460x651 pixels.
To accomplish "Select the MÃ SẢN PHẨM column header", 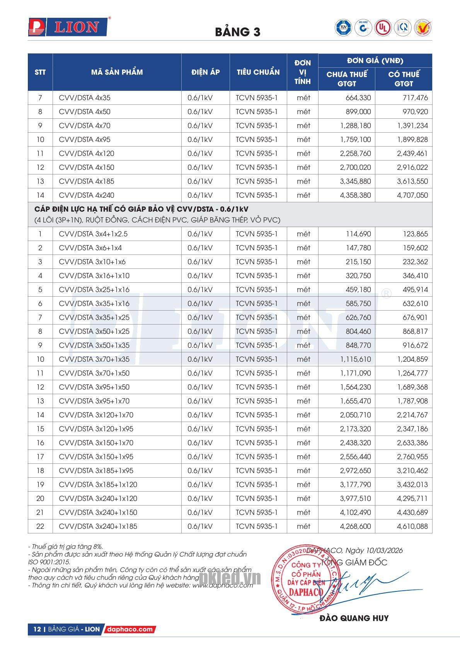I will (117, 72).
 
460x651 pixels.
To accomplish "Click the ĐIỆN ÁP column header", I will (205, 72).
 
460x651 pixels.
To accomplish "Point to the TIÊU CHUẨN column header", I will (258, 72).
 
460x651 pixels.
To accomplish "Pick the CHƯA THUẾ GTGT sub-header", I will (347, 79).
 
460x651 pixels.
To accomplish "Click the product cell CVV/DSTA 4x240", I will (87, 195).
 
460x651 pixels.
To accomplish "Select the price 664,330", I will (358, 98).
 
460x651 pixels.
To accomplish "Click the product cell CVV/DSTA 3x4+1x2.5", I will (93, 234).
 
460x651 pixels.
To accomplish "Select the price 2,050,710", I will (355, 415).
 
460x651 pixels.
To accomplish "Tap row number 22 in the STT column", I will (40, 526).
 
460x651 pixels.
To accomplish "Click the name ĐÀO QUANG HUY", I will (354, 618).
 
